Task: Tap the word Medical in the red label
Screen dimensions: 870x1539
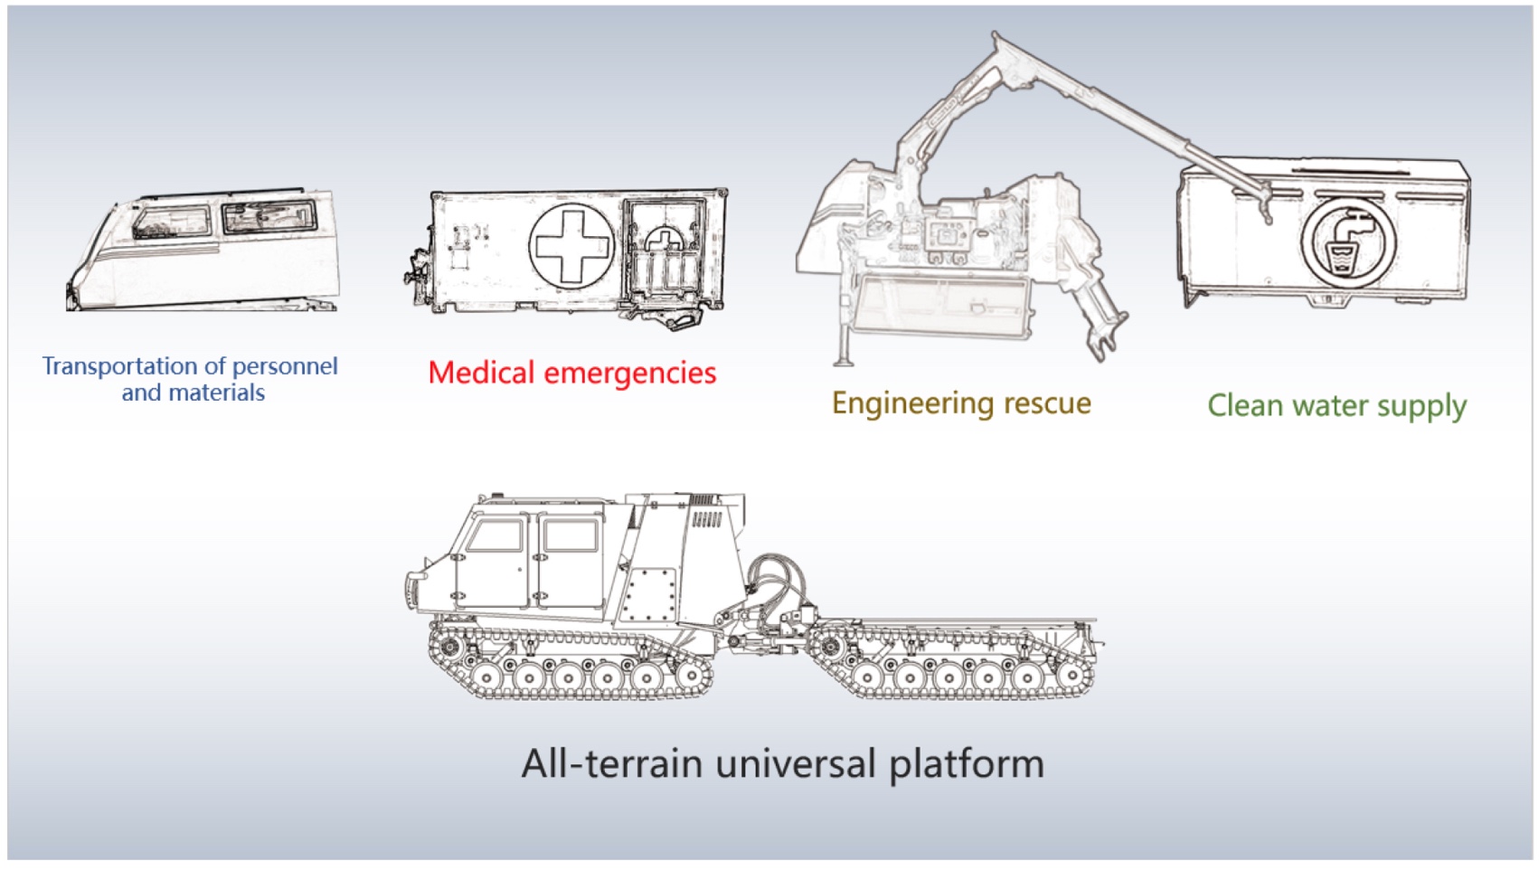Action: [x=480, y=373]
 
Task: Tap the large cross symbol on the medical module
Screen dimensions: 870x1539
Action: [x=571, y=244]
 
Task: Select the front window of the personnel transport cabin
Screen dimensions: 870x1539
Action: [x=172, y=222]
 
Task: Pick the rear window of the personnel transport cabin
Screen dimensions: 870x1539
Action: [x=269, y=217]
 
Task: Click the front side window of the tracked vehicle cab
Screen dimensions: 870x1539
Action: [x=495, y=535]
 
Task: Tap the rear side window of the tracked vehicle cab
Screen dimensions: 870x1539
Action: [x=571, y=535]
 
